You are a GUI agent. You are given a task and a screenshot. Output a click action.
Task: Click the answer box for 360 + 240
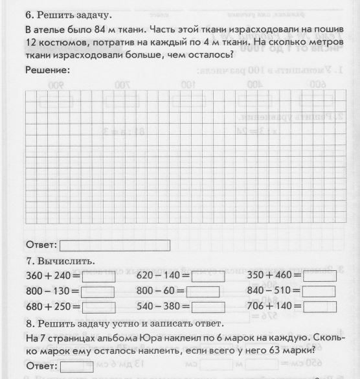pos(98,277)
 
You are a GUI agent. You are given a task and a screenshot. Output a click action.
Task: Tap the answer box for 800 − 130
pos(98,292)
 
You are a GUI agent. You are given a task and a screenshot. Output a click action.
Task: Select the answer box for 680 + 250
pos(98,307)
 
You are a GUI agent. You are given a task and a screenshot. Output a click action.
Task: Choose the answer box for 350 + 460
pos(319,277)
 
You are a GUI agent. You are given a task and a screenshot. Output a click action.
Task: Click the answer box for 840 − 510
pos(319,292)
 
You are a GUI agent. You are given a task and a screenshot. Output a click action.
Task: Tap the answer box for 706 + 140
pos(319,307)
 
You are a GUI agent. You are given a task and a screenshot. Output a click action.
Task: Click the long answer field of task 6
pos(115,246)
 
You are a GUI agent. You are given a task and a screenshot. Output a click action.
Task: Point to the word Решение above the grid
pos(47,69)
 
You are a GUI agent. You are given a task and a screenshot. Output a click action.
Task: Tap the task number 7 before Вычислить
pos(28,262)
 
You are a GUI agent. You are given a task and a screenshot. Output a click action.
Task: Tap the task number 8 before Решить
pos(28,323)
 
